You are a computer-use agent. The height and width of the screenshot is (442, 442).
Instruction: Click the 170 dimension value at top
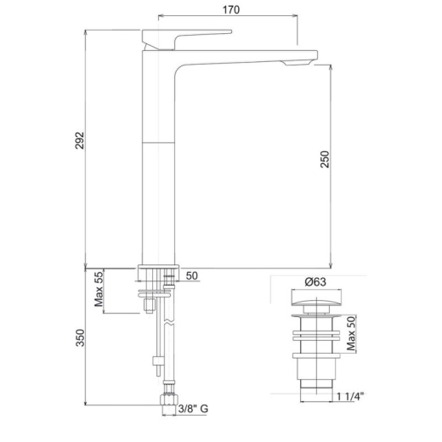pyautogui.click(x=231, y=9)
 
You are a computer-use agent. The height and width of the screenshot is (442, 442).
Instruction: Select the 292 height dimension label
pyautogui.click(x=80, y=140)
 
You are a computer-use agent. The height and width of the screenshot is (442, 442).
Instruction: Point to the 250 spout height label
pyautogui.click(x=325, y=159)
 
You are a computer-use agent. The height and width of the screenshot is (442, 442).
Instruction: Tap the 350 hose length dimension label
pyautogui.click(x=80, y=337)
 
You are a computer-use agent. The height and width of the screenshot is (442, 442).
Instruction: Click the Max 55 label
pyautogui.click(x=99, y=289)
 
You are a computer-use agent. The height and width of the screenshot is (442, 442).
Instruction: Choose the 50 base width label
pyautogui.click(x=192, y=275)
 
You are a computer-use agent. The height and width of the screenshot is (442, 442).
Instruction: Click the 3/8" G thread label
pyautogui.click(x=193, y=409)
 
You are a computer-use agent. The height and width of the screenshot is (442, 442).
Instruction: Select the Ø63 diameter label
pyautogui.click(x=315, y=282)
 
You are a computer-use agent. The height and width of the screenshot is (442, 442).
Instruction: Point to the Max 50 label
pyautogui.click(x=351, y=333)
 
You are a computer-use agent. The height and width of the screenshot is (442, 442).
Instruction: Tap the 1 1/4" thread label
pyautogui.click(x=350, y=396)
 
